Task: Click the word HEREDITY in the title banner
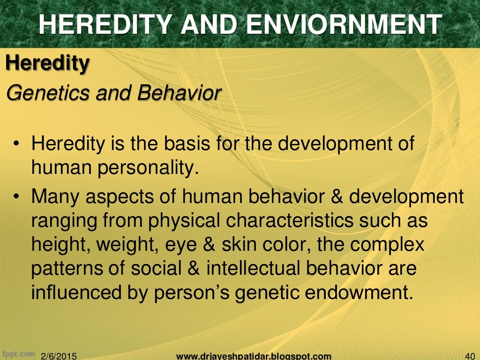click(x=100, y=24)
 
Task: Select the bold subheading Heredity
click(x=47, y=63)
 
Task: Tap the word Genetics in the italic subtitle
click(x=49, y=93)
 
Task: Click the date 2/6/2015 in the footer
click(x=59, y=356)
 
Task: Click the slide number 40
click(x=469, y=356)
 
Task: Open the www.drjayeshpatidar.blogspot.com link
click(x=254, y=356)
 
